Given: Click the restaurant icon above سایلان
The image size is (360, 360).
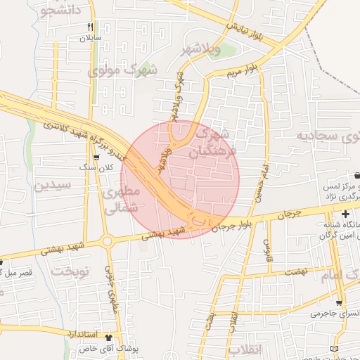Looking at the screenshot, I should click(x=90, y=26).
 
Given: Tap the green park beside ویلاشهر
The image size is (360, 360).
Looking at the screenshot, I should click(x=215, y=51).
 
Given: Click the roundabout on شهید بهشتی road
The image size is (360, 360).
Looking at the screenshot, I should click(x=108, y=241).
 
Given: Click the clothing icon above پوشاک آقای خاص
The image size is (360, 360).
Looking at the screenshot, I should click(x=108, y=337).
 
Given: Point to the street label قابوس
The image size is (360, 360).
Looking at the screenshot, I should click(x=267, y=247).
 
